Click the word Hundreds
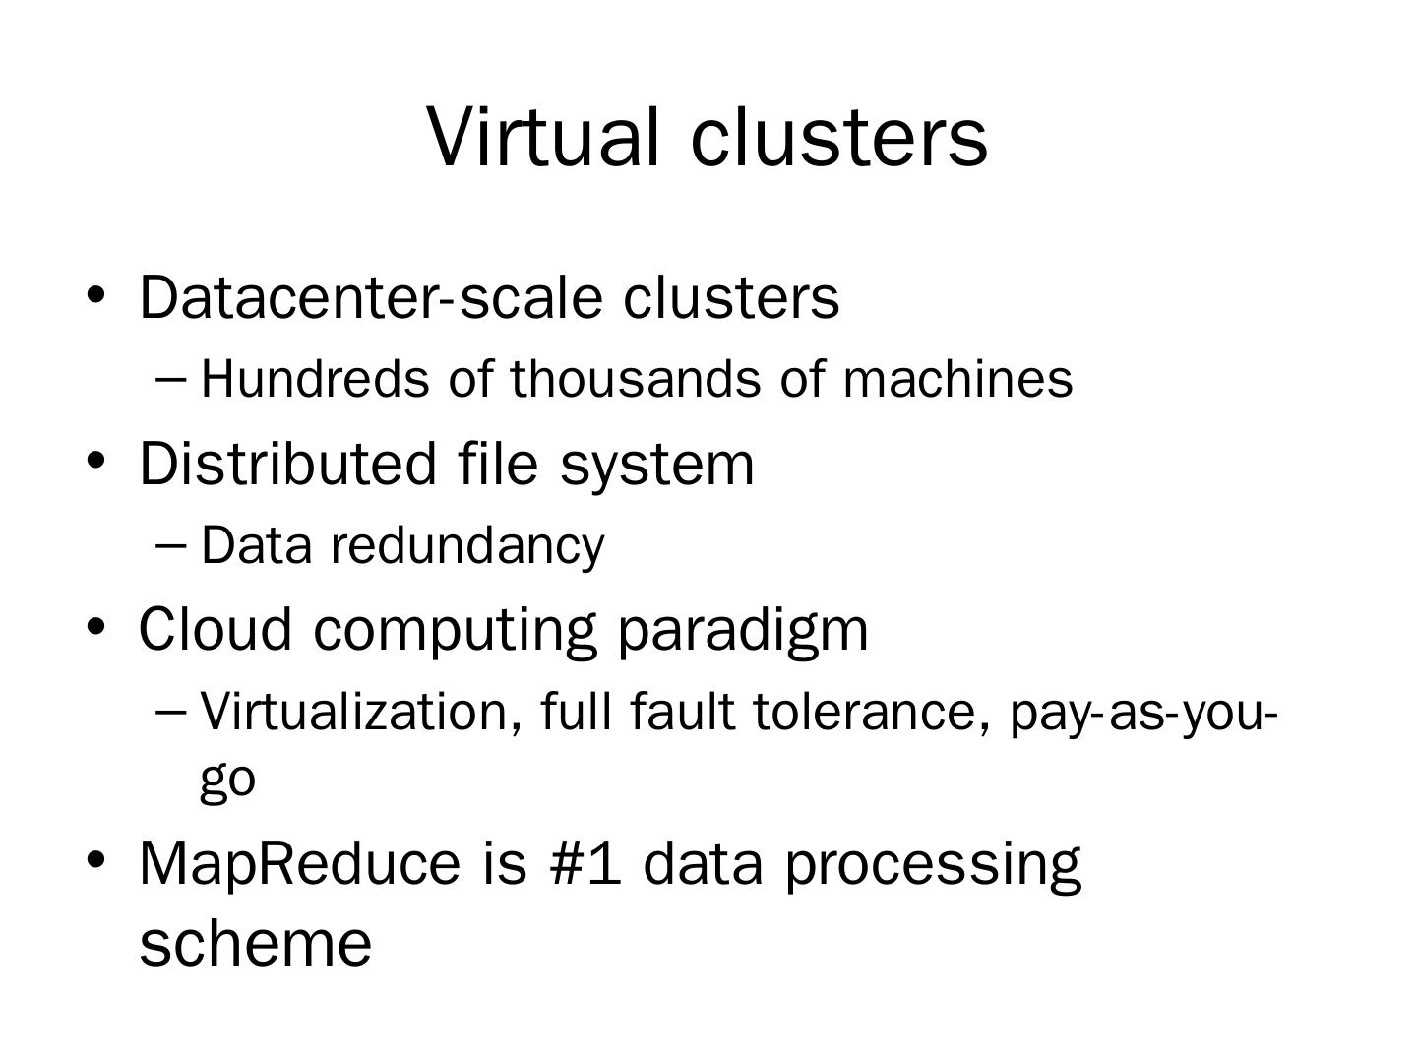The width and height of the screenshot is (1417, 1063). [x=315, y=379]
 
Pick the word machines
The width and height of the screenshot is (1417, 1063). [x=957, y=379]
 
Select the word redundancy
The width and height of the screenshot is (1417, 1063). [x=467, y=547]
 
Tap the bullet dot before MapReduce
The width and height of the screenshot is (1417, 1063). [x=95, y=859]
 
